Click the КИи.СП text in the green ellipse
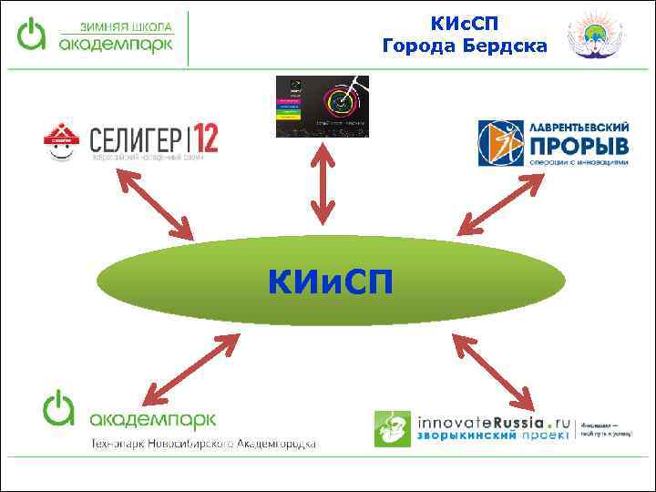pyautogui.click(x=331, y=282)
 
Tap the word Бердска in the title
pyautogui.click(x=504, y=45)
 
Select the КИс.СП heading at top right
pyautogui.click(x=465, y=21)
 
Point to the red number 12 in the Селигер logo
pyautogui.click(x=205, y=138)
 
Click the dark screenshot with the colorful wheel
pyautogui.click(x=322, y=106)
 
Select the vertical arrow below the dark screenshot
pyautogui.click(x=321, y=182)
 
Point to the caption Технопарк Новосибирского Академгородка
pyautogui.click(x=202, y=444)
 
